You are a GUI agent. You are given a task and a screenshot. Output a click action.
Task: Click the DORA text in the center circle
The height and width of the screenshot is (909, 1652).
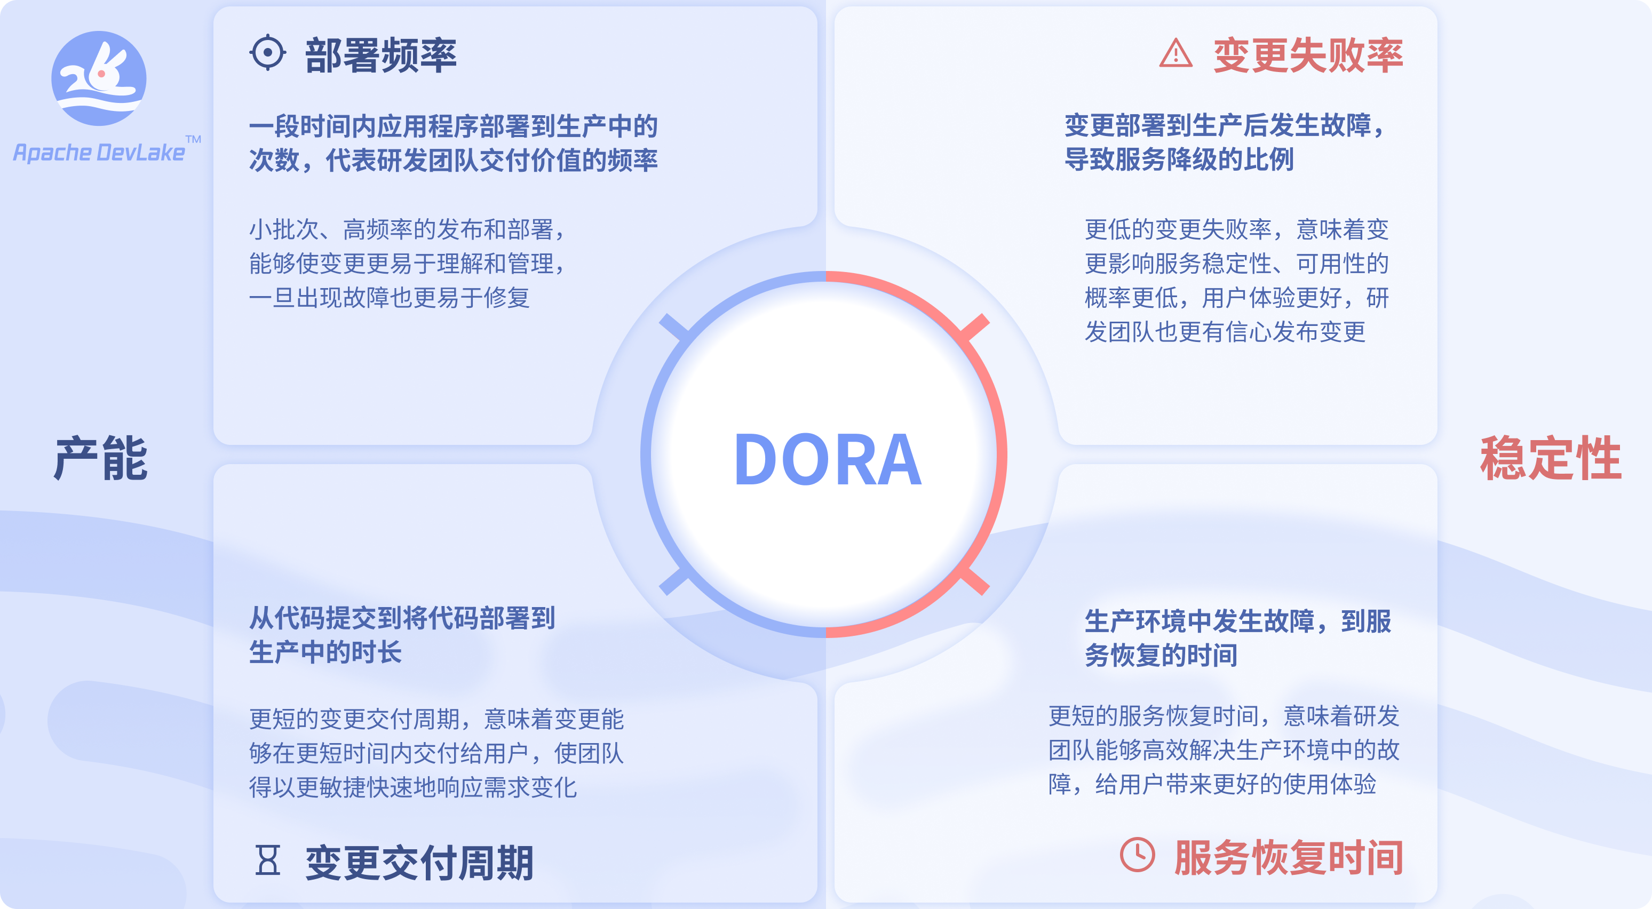827,459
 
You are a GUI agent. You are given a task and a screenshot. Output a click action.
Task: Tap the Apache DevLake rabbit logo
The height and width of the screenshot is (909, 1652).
99,78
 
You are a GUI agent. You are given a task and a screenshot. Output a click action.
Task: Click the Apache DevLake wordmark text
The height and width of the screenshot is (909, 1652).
99,153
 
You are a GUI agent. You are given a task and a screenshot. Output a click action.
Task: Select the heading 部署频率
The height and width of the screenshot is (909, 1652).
380,55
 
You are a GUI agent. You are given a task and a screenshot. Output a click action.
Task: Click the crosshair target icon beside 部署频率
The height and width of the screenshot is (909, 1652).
267,53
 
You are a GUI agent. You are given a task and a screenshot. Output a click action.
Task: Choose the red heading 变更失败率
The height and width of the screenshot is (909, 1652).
1308,55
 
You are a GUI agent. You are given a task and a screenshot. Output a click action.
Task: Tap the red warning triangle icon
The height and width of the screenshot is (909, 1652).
1176,53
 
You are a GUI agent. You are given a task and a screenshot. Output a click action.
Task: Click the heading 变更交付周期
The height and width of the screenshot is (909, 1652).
419,863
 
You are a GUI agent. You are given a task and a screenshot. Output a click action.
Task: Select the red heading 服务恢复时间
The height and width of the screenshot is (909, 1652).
1289,858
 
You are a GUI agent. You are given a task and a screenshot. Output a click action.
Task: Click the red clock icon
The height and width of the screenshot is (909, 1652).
1137,855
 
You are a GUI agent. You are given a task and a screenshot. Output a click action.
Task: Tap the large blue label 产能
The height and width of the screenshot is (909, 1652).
101,459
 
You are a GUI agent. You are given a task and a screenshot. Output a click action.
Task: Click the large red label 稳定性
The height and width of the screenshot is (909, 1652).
1551,459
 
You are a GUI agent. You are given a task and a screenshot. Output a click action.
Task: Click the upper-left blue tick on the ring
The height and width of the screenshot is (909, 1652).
674,326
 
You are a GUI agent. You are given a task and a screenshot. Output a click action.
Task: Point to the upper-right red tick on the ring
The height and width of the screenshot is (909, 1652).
975,327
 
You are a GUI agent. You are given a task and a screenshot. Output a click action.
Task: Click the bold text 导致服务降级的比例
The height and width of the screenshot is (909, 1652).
1179,159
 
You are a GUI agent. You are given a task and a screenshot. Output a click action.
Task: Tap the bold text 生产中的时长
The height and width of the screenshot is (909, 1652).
325,652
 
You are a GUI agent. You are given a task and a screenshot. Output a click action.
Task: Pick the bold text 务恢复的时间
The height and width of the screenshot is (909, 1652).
1161,655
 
